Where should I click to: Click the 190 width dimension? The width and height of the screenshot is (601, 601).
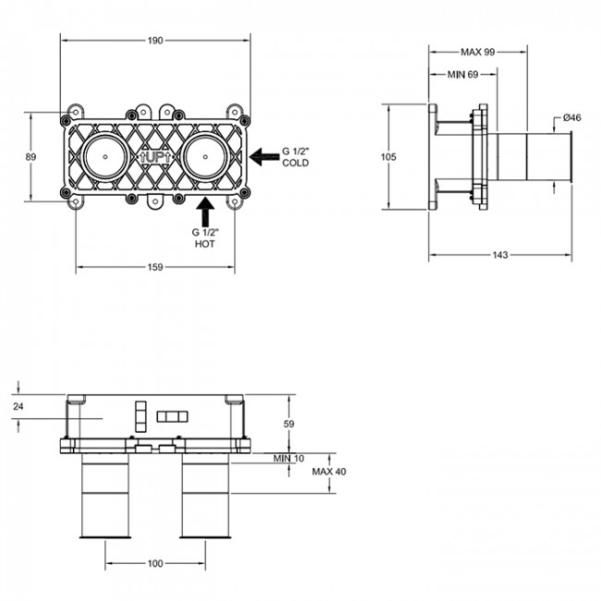[155, 41]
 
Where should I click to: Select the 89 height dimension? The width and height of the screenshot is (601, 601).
[31, 157]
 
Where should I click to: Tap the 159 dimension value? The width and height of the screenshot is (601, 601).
[155, 267]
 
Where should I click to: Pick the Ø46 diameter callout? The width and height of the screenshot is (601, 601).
[570, 117]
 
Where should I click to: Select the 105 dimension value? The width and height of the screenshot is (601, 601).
[388, 157]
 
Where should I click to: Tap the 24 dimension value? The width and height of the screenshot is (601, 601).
[19, 406]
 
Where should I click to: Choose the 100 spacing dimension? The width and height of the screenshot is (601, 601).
[155, 563]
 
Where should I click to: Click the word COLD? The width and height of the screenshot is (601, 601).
[296, 164]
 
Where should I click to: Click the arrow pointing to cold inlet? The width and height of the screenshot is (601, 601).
[267, 157]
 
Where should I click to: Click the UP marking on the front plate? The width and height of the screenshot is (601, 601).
[154, 158]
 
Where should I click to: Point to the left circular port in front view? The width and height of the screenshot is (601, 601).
[107, 158]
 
